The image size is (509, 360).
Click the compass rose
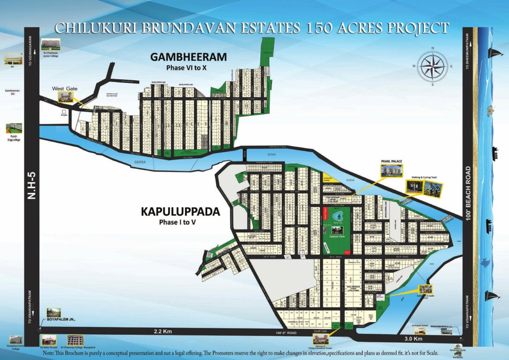[x=433, y=67]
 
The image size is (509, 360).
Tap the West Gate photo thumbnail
[x=65, y=97]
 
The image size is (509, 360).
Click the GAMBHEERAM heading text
[x=188, y=57]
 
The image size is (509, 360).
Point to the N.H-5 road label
[x=31, y=186]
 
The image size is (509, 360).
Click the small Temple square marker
[x=63, y=112]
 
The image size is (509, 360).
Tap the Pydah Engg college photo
[x=14, y=128]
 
